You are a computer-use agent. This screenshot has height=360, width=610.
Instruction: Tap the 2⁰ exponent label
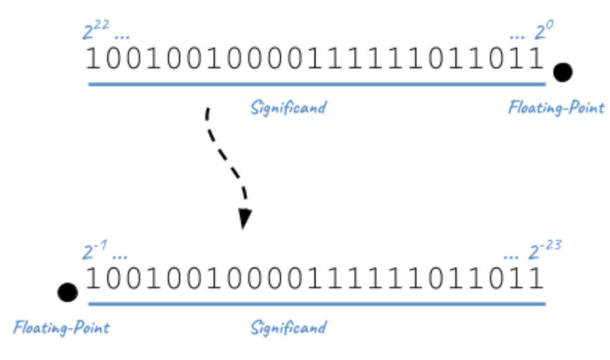(x=544, y=32)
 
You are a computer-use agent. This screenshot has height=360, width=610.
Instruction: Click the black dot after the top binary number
(x=562, y=71)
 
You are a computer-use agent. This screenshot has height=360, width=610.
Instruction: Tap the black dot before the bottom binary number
(x=67, y=292)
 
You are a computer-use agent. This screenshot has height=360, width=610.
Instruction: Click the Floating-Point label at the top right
(x=556, y=108)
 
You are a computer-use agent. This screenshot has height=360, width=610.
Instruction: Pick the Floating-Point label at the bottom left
(x=61, y=327)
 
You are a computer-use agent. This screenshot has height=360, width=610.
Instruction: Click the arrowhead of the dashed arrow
(x=245, y=220)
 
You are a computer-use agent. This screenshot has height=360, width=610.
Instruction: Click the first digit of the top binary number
(x=93, y=59)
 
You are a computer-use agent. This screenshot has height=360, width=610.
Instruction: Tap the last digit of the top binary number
(x=536, y=59)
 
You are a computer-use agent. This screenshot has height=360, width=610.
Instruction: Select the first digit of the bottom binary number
(x=93, y=278)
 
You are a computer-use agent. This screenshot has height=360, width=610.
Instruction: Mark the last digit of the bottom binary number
(x=536, y=278)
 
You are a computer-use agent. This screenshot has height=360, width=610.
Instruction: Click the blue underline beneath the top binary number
(x=316, y=84)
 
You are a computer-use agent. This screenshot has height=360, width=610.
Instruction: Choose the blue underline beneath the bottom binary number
(x=316, y=303)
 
